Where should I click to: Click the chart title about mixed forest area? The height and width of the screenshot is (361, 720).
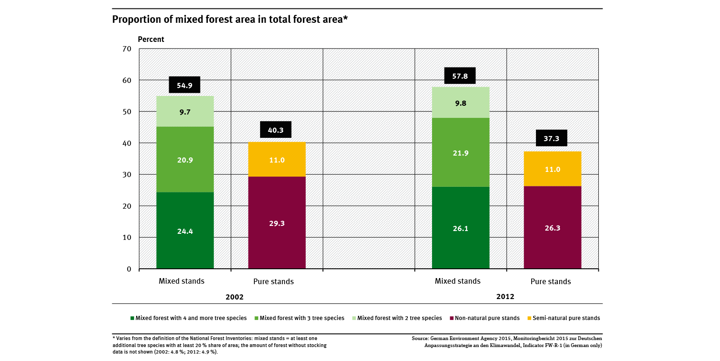pyautogui.click(x=230, y=20)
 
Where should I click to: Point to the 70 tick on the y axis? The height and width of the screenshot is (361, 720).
pyautogui.click(x=127, y=49)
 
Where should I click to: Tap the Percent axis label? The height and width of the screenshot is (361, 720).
pyautogui.click(x=151, y=40)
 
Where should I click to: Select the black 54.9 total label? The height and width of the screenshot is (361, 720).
pyautogui.click(x=185, y=85)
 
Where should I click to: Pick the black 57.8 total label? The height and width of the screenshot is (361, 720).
pyautogui.click(x=460, y=76)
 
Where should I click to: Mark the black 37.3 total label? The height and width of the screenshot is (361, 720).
pyautogui.click(x=552, y=138)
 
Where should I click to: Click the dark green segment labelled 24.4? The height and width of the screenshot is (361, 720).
pyautogui.click(x=185, y=230)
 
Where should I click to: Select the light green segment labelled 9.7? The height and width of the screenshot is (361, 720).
pyautogui.click(x=185, y=111)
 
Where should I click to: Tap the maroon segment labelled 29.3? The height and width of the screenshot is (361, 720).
pyautogui.click(x=277, y=223)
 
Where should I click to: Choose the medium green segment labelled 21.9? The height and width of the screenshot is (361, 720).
pyautogui.click(x=460, y=152)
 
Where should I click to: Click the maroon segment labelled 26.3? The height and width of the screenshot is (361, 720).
pyautogui.click(x=552, y=227)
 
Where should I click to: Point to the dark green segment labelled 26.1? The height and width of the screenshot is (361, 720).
pyautogui.click(x=460, y=228)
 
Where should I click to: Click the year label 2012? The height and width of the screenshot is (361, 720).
pyautogui.click(x=505, y=296)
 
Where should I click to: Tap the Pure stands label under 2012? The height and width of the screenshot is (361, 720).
pyautogui.click(x=550, y=281)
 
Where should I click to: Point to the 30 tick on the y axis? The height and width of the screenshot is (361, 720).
pyautogui.click(x=127, y=175)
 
